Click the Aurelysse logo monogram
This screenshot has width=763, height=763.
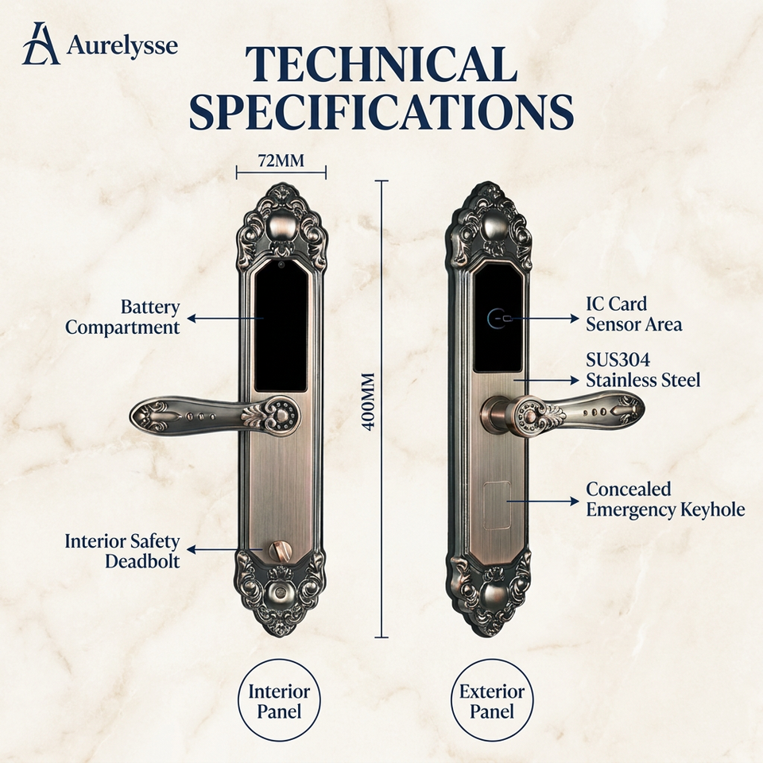pos(41,44)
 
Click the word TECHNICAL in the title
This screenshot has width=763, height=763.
pos(381,65)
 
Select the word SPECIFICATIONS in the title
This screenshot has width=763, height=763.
pos(381,111)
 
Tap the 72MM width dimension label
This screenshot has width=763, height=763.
pos(281,160)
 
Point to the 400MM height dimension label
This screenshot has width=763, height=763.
pos(370,401)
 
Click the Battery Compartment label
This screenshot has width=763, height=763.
pos(122,317)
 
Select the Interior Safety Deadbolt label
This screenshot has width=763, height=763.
pos(122,551)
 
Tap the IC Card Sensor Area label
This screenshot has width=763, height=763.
pos(633,315)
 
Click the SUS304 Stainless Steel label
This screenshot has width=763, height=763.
pos(643,370)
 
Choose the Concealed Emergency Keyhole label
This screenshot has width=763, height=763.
pos(665,500)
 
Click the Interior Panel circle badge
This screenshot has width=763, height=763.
pos(279,701)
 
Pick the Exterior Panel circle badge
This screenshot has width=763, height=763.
pos(492,701)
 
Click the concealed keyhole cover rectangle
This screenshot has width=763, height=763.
pos(498,505)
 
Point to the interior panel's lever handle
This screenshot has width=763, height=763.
pos(215,416)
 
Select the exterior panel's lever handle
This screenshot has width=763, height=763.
pos(563,413)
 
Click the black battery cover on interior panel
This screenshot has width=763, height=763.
pos(281,326)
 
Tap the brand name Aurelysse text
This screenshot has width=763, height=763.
pos(122,46)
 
